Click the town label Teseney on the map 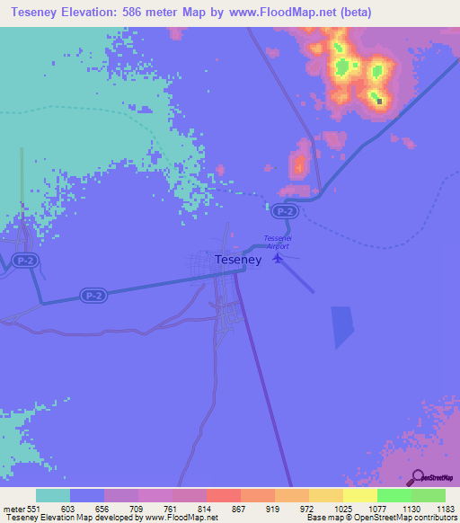coord(238,260)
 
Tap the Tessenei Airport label coord(278,241)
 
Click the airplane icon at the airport coord(279,258)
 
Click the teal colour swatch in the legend coord(53,495)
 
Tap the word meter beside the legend coord(12,509)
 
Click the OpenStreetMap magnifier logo coord(415,476)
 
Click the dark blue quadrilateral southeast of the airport coord(342,326)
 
